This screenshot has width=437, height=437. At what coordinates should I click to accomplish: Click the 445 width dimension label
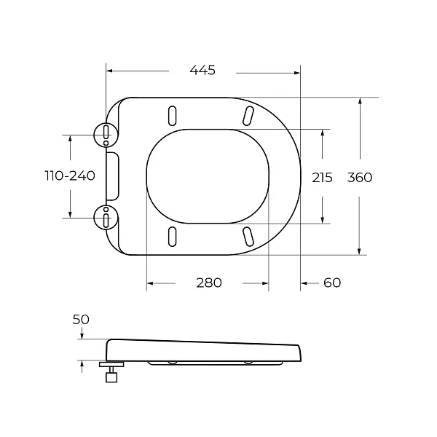pos(202,70)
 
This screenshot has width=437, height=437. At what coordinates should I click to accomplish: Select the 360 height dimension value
pos(360,178)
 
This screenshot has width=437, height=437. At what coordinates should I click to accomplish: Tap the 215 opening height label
pos(322,178)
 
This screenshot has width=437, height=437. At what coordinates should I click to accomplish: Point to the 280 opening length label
pos(209,283)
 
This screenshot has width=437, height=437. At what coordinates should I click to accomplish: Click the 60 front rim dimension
pos(332,283)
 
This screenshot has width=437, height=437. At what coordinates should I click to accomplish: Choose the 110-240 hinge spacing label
pos(70,176)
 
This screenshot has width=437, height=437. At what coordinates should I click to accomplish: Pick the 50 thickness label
pos(81,320)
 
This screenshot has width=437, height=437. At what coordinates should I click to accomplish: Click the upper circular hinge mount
pos(106,135)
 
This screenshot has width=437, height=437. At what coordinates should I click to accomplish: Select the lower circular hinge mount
pos(106,218)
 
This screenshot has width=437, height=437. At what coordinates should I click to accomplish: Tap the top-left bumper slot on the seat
pos(173,115)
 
